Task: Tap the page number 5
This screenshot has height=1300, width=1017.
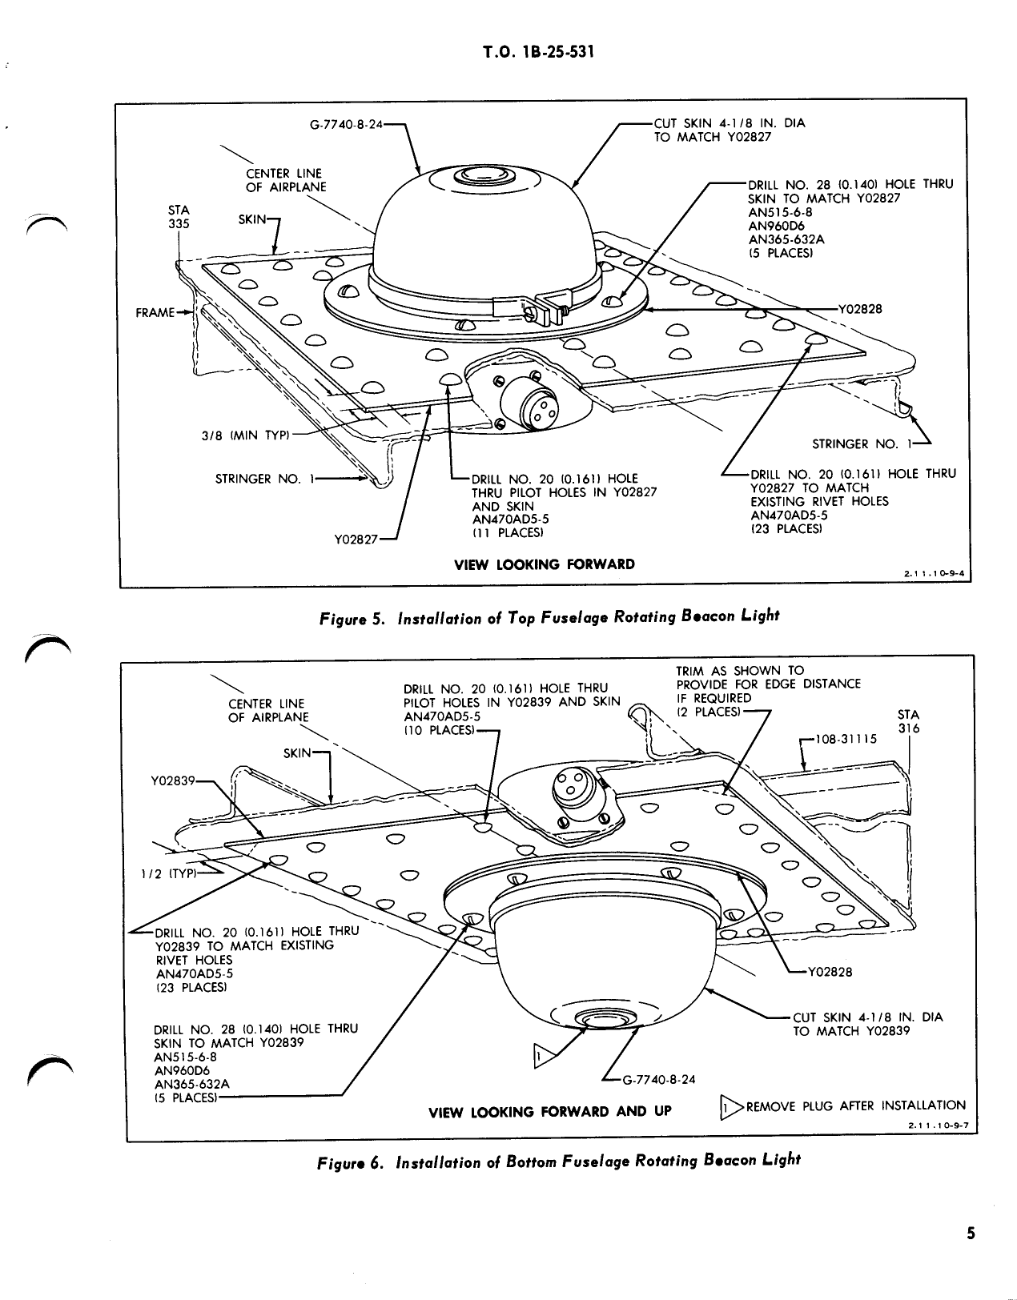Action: click(x=970, y=1233)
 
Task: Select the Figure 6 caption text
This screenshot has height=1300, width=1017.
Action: click(x=558, y=1161)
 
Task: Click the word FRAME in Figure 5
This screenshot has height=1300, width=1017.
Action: click(x=155, y=312)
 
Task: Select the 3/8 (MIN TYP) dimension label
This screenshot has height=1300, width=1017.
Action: click(x=243, y=436)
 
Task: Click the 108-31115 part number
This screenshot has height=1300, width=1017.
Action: click(x=846, y=740)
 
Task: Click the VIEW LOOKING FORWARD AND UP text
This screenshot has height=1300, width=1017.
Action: click(x=550, y=1112)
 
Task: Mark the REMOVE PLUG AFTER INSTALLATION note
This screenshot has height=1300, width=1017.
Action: click(x=854, y=1105)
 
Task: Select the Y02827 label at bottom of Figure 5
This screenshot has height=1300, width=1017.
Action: click(x=355, y=539)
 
